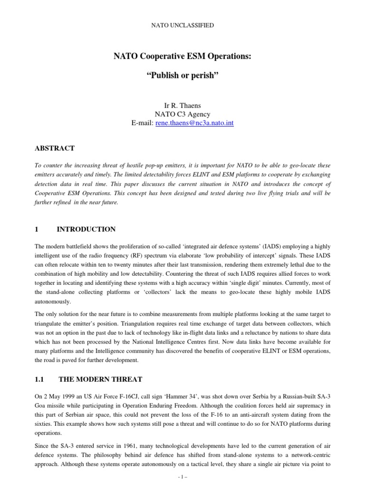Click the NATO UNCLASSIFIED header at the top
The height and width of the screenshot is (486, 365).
pyautogui.click(x=182, y=25)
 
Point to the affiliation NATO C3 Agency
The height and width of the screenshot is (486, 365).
pyautogui.click(x=182, y=114)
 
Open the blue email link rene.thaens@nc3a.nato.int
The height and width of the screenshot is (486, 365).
pyautogui.click(x=195, y=123)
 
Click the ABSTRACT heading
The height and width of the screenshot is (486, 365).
pyautogui.click(x=55, y=149)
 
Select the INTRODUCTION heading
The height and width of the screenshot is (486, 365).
pyautogui.click(x=86, y=230)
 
